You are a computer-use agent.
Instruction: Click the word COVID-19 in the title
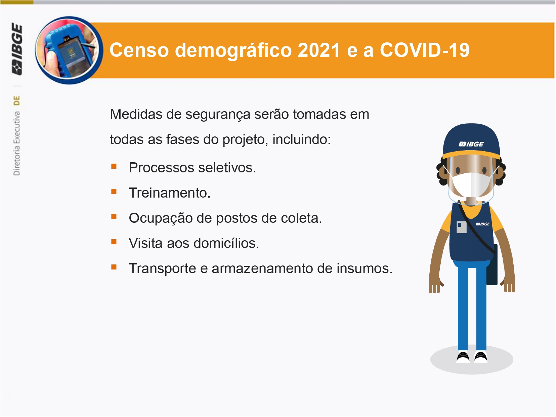pyautogui.click(x=425, y=50)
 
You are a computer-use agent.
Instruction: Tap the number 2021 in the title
pyautogui.click(x=319, y=50)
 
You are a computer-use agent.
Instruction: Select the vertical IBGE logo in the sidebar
pyautogui.click(x=17, y=49)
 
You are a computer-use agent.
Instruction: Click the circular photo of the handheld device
pyautogui.click(x=69, y=50)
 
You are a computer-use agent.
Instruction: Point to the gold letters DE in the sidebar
pyautogui.click(x=17, y=101)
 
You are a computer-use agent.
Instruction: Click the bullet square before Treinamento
pyautogui.click(x=114, y=192)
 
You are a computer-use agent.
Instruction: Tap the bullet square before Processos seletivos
pyautogui.click(x=114, y=166)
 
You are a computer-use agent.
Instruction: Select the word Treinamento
pyautogui.click(x=170, y=193)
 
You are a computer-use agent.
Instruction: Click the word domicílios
pyautogui.click(x=226, y=244)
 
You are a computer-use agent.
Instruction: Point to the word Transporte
pyautogui.click(x=162, y=269)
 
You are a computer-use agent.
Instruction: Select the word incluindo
pyautogui.click(x=302, y=139)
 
